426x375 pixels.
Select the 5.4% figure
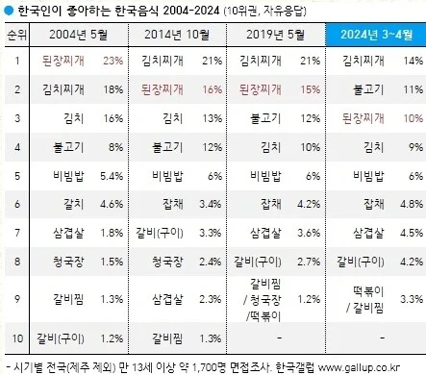pos(113,176)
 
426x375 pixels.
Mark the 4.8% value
pos(410,204)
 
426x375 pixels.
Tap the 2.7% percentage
pos(308,260)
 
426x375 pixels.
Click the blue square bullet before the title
pos(9,10)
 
